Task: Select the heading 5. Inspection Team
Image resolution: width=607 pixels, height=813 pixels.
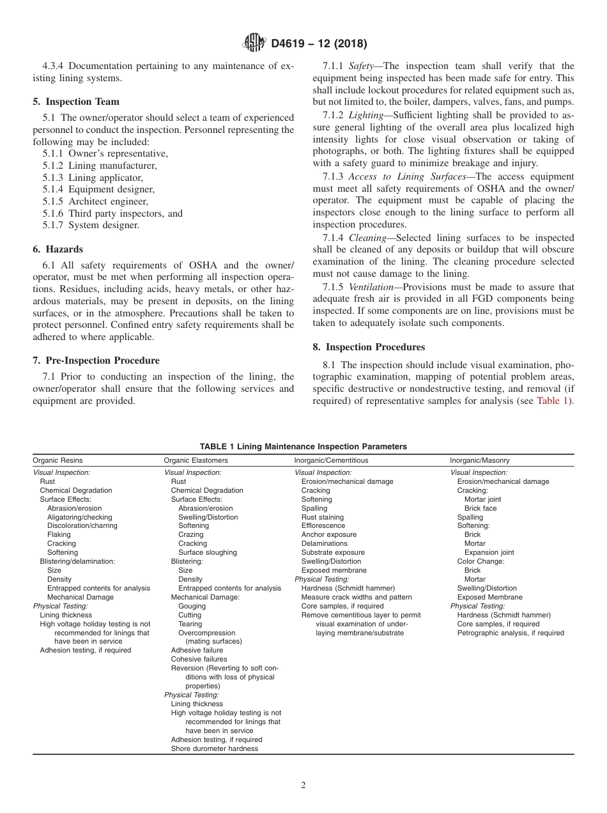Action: tap(76, 102)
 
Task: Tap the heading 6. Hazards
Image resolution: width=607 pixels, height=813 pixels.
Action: tap(58, 249)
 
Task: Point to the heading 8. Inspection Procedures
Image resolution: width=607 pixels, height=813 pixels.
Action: tap(369, 347)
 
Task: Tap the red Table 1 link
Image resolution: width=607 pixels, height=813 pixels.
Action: tap(552, 401)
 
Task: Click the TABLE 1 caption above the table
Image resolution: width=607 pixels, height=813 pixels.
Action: tap(303, 447)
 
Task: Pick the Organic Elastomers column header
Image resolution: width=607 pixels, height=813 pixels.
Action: tap(196, 460)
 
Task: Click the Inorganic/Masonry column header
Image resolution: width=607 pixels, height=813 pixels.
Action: tap(480, 460)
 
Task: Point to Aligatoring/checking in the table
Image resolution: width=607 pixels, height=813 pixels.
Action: tap(79, 517)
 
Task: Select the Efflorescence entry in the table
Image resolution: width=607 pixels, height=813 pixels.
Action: tap(323, 526)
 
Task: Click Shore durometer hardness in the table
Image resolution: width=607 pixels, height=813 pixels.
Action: tap(215, 748)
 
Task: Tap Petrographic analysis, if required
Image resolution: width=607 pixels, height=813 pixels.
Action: tap(511, 633)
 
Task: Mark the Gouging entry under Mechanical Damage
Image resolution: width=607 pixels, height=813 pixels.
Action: tap(192, 606)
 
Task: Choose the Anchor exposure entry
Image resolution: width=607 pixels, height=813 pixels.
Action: tap(329, 534)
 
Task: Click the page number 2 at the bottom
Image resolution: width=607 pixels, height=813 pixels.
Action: tap(303, 786)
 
